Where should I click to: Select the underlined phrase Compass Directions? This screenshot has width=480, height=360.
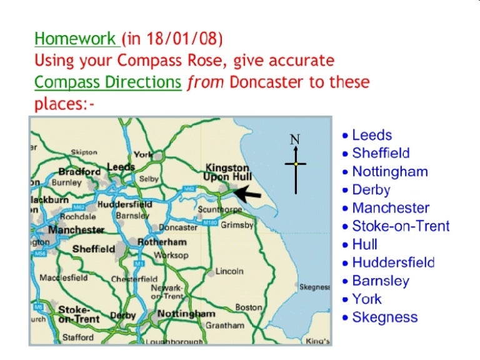(x=107, y=82)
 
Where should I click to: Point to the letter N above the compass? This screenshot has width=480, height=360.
(x=295, y=139)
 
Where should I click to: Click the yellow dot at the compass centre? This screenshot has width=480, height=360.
(x=296, y=164)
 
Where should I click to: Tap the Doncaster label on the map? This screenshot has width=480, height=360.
(x=178, y=227)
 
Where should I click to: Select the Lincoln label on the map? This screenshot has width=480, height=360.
(x=229, y=271)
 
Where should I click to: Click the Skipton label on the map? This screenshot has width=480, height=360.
(x=84, y=152)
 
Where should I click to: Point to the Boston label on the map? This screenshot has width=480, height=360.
(x=248, y=307)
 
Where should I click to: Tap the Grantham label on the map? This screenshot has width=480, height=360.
(x=224, y=325)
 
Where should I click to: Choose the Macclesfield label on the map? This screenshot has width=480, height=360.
(x=63, y=277)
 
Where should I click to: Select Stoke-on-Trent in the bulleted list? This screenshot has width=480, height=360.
(x=401, y=226)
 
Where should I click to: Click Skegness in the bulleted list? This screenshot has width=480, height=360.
(x=384, y=317)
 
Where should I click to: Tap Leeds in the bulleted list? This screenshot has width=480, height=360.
(x=372, y=135)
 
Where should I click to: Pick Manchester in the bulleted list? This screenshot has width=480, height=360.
(x=391, y=208)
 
